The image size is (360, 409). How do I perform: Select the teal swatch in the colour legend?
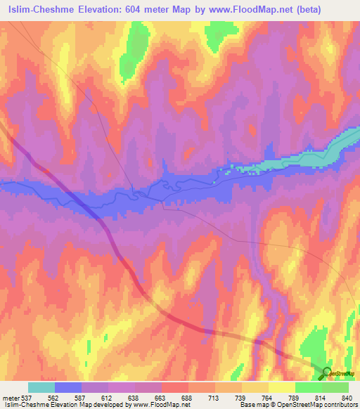(41, 387)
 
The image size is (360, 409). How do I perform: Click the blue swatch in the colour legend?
(68, 387)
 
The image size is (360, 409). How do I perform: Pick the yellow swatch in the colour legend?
(282, 387)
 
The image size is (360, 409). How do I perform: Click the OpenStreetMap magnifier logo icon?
(326, 372)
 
